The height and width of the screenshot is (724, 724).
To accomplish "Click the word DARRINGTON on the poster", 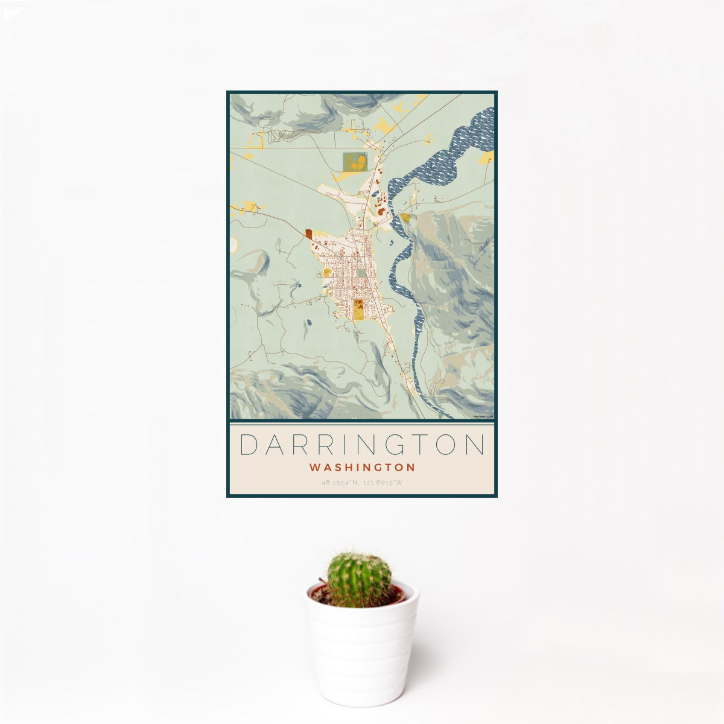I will point(362,445).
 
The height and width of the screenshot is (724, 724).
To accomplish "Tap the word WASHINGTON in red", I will point(362,468).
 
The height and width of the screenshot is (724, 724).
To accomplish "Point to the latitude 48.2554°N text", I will point(341,483).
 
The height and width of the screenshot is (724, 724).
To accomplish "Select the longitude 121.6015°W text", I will point(384,483).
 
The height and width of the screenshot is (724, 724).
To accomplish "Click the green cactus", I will point(358,580).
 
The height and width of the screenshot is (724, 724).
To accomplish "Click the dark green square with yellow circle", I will point(355,162).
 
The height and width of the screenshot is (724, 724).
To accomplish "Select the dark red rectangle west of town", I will point(308,234).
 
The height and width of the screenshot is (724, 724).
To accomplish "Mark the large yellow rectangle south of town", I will point(358,309).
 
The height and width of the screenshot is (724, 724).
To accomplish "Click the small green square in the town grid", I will point(361,273).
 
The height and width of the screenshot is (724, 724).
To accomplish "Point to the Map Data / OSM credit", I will point(483,416).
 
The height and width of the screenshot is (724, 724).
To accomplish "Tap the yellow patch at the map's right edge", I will point(487,158).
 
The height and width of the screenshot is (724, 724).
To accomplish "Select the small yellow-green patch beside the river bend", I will point(406,218).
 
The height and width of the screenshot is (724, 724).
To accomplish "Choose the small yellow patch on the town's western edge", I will point(326,273).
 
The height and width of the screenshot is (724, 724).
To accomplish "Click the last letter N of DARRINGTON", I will point(476,445).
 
